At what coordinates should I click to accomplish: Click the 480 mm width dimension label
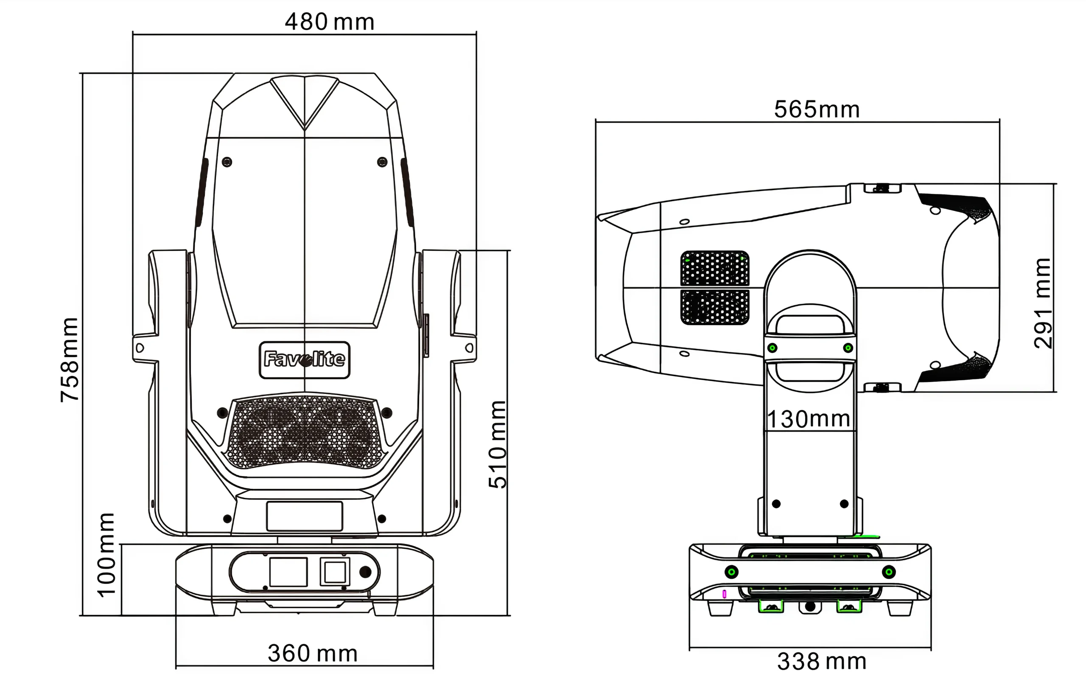329,22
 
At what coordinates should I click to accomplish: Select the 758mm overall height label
70,359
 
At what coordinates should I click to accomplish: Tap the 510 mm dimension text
497,445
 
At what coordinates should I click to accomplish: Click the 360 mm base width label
312,654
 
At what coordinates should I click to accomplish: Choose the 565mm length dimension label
817,109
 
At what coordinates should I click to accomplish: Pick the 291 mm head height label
1042,303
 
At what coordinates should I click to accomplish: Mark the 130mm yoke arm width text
809,419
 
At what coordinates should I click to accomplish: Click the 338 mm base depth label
821,662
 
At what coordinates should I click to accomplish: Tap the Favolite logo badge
304,360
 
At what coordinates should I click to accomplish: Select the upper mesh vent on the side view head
714,268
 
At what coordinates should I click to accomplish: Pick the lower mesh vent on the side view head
714,307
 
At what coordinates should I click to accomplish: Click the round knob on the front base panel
365,572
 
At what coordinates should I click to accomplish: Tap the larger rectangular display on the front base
288,572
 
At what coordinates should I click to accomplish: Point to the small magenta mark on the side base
724,594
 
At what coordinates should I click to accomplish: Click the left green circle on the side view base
731,572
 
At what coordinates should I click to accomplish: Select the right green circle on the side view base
889,572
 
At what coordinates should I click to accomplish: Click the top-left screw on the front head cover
227,161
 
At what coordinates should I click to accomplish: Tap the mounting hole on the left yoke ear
140,348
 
